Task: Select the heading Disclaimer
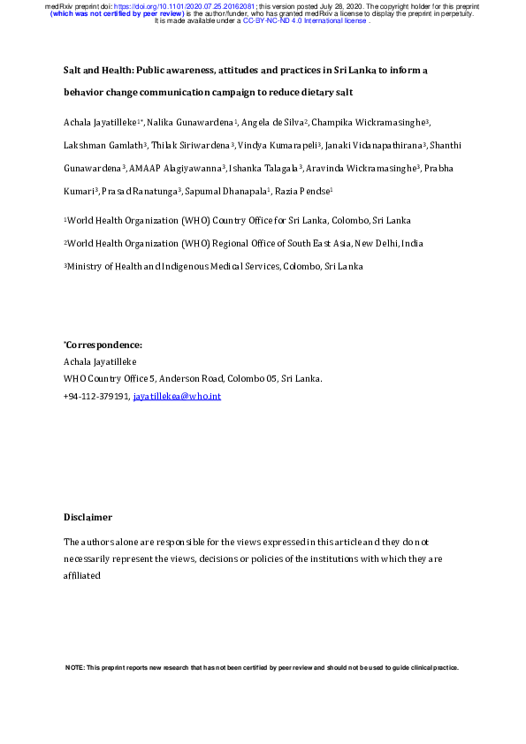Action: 88,517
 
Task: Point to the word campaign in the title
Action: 241,92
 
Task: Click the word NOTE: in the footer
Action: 75,668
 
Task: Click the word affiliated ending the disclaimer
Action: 82,574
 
